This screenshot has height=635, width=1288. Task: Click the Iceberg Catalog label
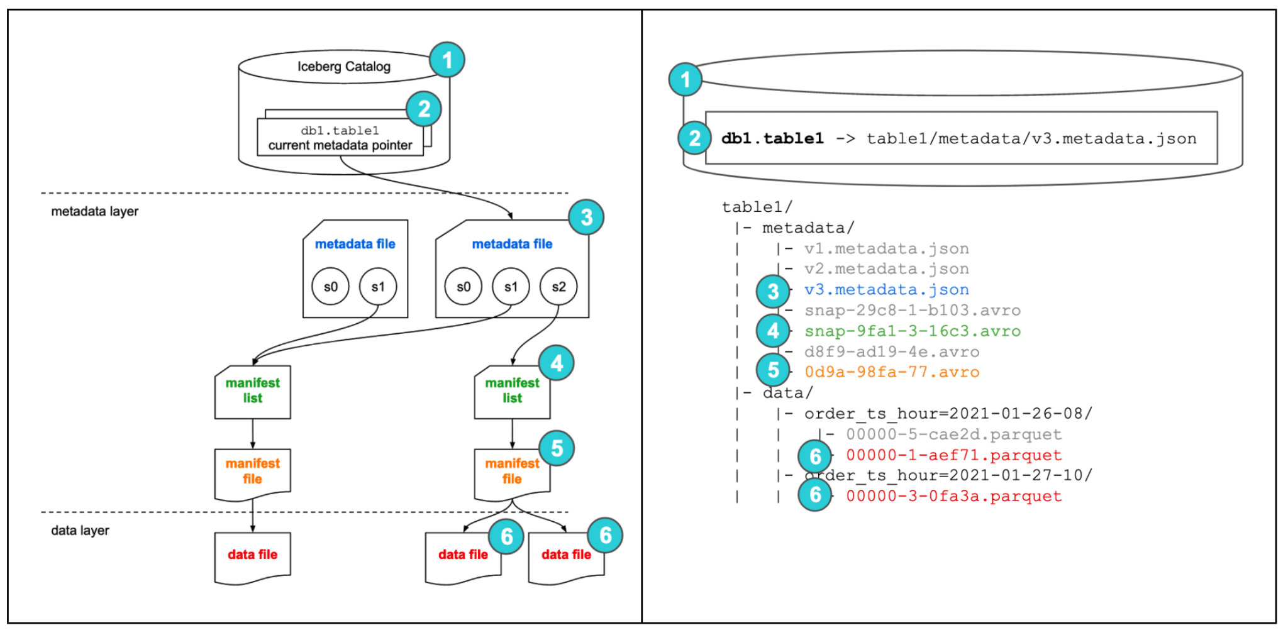pyautogui.click(x=343, y=67)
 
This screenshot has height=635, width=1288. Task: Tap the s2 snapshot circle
pyautogui.click(x=558, y=287)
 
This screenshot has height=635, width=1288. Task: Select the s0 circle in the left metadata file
pyautogui.click(x=331, y=287)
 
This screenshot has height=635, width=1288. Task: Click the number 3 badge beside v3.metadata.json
pyautogui.click(x=773, y=291)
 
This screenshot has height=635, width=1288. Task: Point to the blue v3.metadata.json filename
pyautogui.click(x=886, y=290)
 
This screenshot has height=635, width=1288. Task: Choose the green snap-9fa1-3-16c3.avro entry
pyautogui.click(x=912, y=331)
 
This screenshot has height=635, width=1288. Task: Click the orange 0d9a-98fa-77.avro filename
pyautogui.click(x=891, y=372)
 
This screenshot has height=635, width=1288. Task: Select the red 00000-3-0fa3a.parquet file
pyautogui.click(x=953, y=496)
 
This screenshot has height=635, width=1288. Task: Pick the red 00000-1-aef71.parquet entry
pyautogui.click(x=953, y=455)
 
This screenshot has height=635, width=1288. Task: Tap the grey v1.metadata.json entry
pyautogui.click(x=886, y=249)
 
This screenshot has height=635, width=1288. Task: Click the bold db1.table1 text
pyautogui.click(x=772, y=139)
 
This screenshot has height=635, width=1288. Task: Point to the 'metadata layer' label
pyautogui.click(x=94, y=212)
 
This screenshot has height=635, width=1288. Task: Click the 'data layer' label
pyautogui.click(x=80, y=531)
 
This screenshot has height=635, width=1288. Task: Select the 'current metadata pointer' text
pyautogui.click(x=340, y=146)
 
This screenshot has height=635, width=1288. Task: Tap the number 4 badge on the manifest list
pyautogui.click(x=557, y=363)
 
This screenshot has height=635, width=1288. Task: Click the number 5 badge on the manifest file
pyautogui.click(x=557, y=448)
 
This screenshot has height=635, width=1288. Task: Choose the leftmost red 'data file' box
pyautogui.click(x=252, y=557)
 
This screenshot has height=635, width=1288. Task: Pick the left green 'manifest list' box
pyautogui.click(x=252, y=392)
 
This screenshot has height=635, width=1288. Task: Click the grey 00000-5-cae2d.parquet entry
pyautogui.click(x=953, y=434)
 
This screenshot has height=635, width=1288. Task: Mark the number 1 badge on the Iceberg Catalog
pyautogui.click(x=447, y=60)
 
